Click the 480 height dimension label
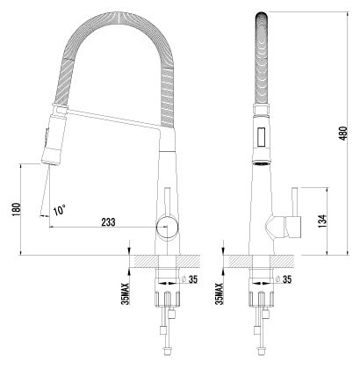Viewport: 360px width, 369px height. tap(344, 133)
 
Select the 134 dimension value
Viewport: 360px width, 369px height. tap(321, 221)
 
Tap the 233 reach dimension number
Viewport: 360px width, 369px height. tap(108, 222)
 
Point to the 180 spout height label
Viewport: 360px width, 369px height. tap(17, 209)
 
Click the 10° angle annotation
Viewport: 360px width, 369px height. tap(59, 210)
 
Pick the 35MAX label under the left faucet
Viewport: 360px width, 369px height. tap(126, 293)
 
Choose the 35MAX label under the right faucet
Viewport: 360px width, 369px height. tap(220, 293)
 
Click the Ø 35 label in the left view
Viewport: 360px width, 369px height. tap(190, 279)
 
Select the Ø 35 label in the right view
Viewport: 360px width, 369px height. tap(284, 279)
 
